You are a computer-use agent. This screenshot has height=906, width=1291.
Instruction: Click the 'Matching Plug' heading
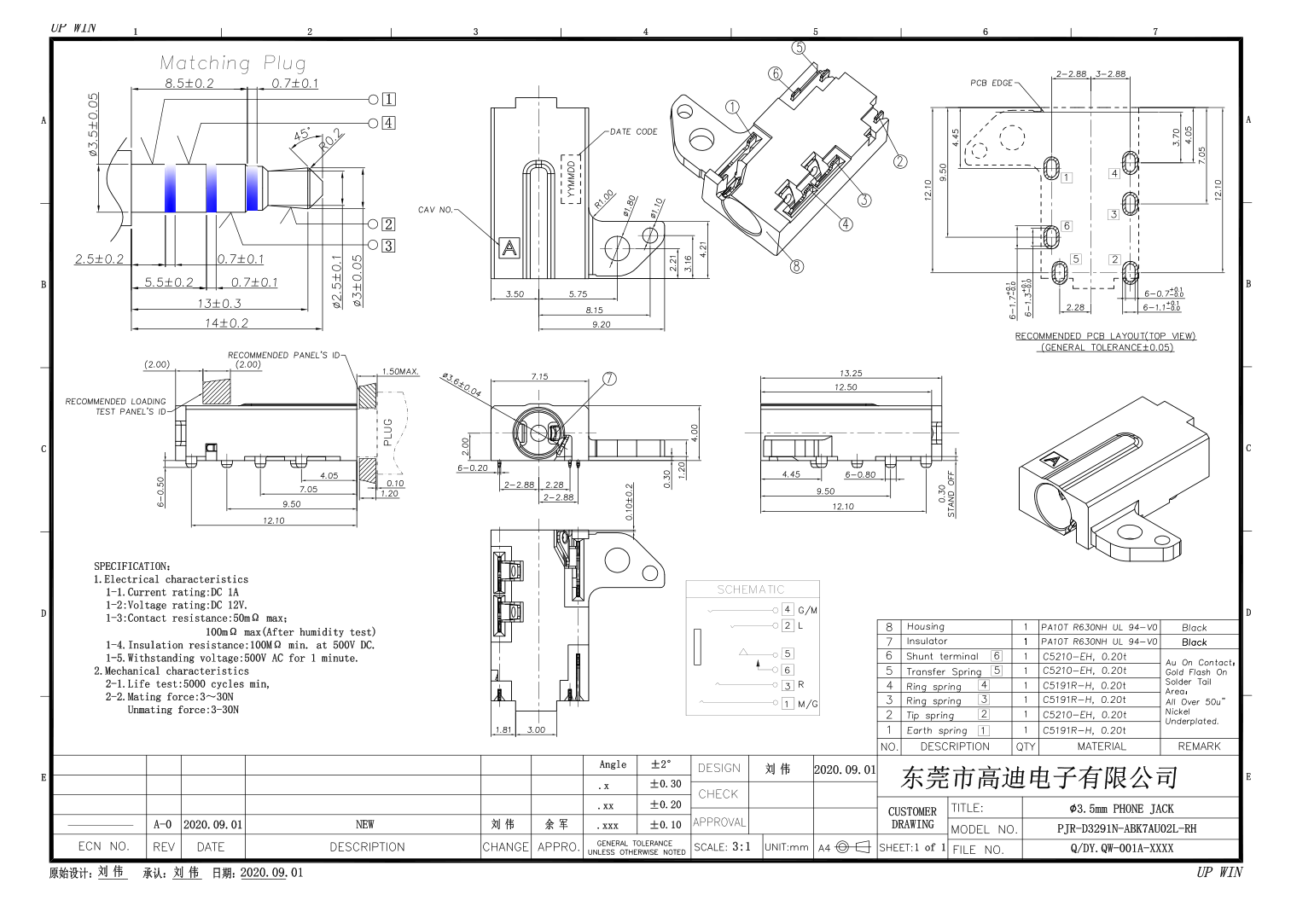click(x=232, y=63)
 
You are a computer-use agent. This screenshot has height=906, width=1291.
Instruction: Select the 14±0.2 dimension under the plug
click(x=226, y=323)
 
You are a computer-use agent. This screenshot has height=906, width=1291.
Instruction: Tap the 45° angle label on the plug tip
click(x=302, y=135)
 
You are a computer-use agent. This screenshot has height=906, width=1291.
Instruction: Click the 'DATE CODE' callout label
click(x=633, y=132)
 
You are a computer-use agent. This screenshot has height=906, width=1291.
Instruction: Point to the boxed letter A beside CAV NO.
click(x=509, y=248)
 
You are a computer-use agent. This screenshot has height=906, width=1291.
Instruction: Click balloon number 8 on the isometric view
click(x=796, y=266)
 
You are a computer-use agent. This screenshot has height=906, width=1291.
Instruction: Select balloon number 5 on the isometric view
click(x=799, y=48)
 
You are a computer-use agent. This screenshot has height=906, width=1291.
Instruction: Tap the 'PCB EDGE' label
click(x=991, y=84)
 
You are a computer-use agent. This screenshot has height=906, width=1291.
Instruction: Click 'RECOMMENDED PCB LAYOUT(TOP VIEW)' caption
click(x=1104, y=336)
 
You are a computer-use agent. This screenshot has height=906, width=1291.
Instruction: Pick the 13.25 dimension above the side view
click(x=850, y=374)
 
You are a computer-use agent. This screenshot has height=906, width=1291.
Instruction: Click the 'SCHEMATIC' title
click(x=750, y=589)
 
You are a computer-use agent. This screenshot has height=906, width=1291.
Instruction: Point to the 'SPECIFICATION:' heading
click(x=132, y=566)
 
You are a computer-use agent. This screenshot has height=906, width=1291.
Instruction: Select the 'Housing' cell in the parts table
click(x=925, y=627)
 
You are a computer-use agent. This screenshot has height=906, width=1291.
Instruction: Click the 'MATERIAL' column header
click(x=1101, y=746)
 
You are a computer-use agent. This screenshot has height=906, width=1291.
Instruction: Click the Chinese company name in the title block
click(x=1039, y=778)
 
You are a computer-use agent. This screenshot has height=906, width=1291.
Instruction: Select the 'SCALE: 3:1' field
click(x=722, y=847)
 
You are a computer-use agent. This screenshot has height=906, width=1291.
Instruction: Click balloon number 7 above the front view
click(x=609, y=379)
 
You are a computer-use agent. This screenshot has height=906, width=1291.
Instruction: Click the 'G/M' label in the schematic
click(x=807, y=610)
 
